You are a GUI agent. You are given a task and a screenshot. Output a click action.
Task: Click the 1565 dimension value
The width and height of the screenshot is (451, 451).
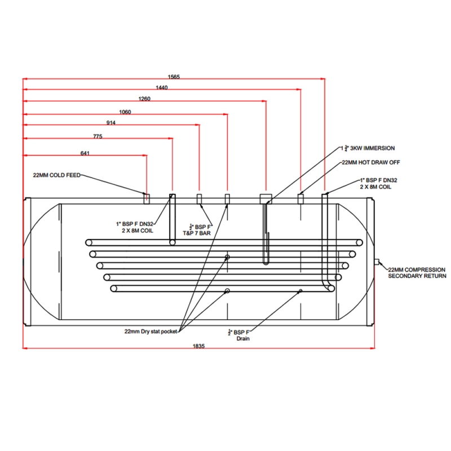[174, 77]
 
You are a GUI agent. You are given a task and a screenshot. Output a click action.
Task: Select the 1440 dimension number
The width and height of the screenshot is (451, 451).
[161, 87]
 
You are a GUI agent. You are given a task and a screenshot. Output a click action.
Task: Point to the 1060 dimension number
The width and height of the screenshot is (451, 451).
[125, 112]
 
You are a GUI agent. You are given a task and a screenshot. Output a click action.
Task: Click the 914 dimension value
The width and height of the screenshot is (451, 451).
[111, 123]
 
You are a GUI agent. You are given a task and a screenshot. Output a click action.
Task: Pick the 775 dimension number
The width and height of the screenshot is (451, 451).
[98, 136]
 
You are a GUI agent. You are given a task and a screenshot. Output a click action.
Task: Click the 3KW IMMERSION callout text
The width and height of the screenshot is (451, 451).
[371, 148]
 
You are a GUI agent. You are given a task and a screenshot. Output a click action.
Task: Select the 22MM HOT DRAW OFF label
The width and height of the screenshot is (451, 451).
[370, 162]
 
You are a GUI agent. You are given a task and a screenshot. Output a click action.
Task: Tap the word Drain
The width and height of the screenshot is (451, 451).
[242, 339]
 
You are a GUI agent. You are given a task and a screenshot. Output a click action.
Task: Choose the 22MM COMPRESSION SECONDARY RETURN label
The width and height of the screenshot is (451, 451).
[417, 273]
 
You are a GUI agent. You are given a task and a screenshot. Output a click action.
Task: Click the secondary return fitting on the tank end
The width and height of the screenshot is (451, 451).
[376, 262]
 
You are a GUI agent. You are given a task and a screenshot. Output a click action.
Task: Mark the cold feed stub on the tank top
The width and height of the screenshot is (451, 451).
[146, 197]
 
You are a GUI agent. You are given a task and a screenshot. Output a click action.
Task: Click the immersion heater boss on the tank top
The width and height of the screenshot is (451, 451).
[266, 198]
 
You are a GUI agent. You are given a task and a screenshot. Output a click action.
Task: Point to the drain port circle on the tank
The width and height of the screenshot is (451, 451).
[300, 291]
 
